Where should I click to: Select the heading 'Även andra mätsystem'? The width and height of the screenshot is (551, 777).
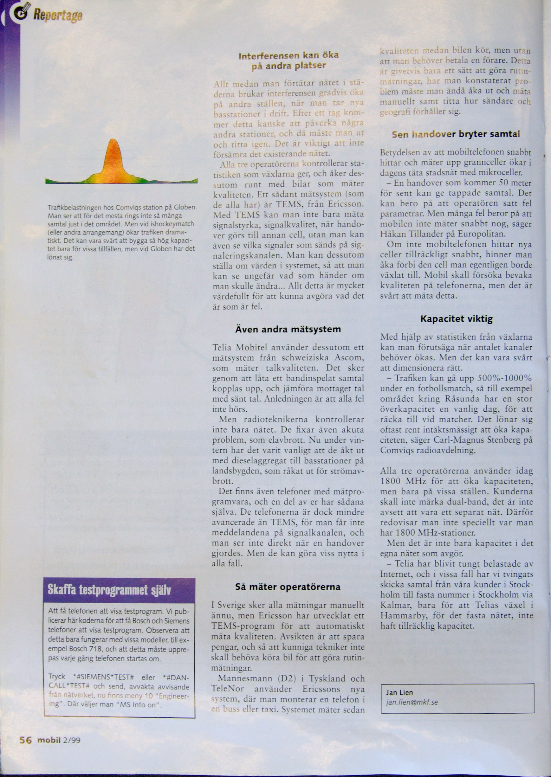[x=288, y=329]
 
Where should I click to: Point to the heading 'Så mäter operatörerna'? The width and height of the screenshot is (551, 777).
[x=288, y=587]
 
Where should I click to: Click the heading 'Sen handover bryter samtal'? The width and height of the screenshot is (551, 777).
[x=456, y=134]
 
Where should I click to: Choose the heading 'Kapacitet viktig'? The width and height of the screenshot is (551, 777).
[x=456, y=319]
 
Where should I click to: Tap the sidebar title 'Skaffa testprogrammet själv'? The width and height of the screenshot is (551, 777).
[x=109, y=590]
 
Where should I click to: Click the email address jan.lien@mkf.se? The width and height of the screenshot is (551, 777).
[x=412, y=702]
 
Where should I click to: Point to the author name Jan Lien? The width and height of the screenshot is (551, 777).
[x=399, y=693]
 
